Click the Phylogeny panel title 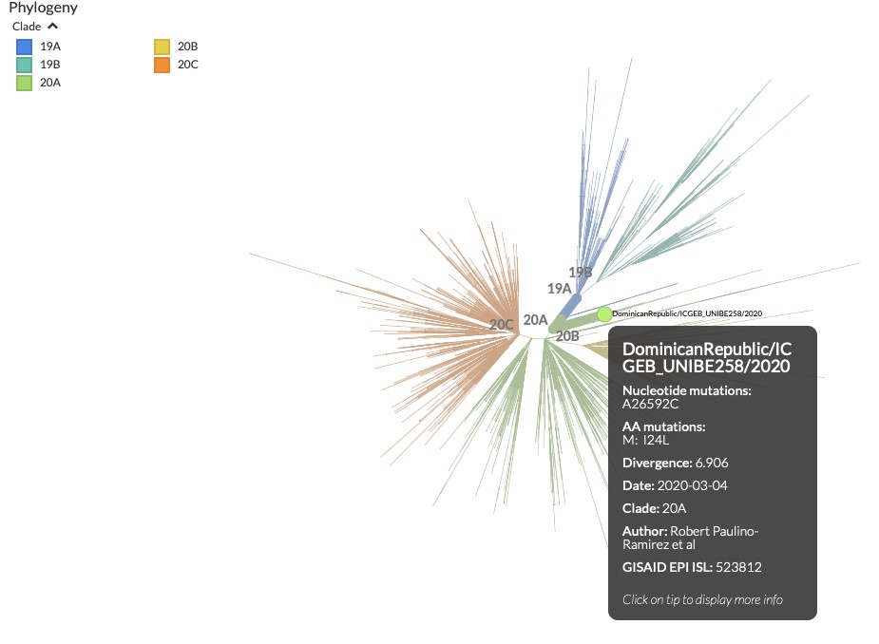tap(43, 8)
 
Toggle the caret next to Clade tap(52, 27)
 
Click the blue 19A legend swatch tap(25, 47)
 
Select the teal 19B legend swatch tap(25, 65)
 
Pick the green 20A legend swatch tap(25, 83)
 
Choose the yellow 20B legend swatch tap(162, 47)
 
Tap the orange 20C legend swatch tap(162, 65)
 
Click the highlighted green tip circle tap(604, 314)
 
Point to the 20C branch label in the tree tap(502, 325)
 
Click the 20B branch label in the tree tap(567, 336)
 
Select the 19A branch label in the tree tap(559, 288)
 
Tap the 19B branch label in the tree tap(581, 273)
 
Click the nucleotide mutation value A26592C tap(651, 404)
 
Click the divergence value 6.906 tap(712, 464)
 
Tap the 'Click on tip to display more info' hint tap(702, 599)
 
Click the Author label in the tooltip tap(644, 531)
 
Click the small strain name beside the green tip tap(687, 313)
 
